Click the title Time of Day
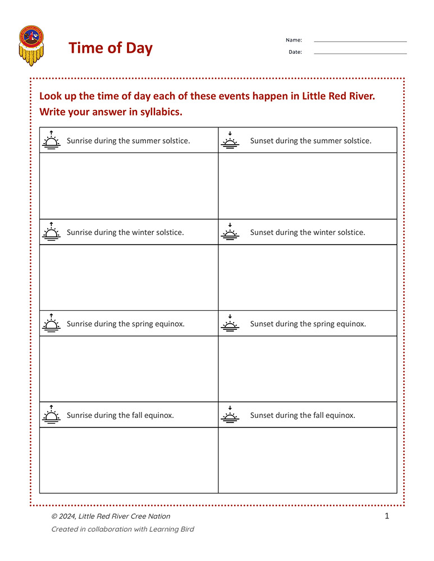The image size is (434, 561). (111, 48)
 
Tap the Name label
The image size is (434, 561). (294, 40)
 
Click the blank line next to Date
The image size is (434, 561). (360, 53)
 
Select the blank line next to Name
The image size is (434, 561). (360, 42)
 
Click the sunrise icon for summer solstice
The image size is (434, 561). (52, 140)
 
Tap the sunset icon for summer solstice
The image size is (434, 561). (230, 140)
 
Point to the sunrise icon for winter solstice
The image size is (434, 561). (52, 232)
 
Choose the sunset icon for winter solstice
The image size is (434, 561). (230, 232)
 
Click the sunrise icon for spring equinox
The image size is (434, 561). (52, 323)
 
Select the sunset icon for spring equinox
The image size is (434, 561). (230, 323)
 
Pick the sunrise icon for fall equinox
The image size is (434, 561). (52, 415)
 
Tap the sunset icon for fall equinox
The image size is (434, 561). (230, 415)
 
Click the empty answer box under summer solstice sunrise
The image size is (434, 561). (129, 186)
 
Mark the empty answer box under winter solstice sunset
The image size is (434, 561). (307, 277)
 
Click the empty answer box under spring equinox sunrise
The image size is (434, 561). (129, 369)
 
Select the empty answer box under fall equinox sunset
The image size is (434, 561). (307, 460)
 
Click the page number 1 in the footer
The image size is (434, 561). (386, 516)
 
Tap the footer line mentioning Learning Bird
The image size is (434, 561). (122, 529)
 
